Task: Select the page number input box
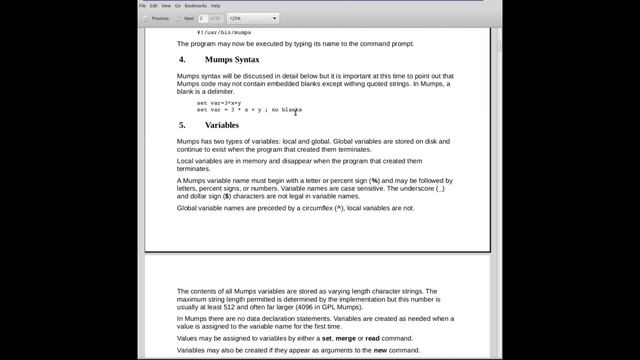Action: click(x=204, y=18)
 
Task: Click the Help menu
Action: click(x=215, y=5)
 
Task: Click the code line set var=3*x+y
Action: click(x=219, y=103)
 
